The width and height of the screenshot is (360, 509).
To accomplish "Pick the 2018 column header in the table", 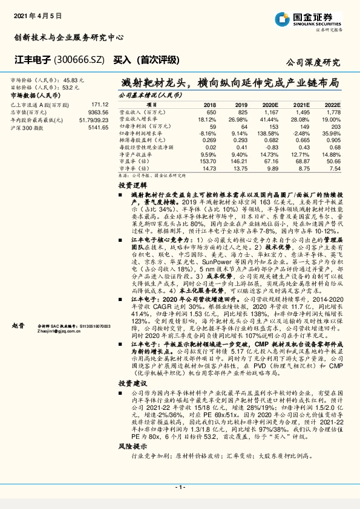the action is pyautogui.click(x=209, y=105).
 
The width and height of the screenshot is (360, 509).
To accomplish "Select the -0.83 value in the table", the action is pyautogui.click(x=270, y=148).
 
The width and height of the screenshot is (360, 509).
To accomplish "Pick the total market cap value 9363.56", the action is pyautogui.click(x=97, y=112).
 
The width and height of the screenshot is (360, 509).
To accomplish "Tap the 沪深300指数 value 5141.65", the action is pyautogui.click(x=97, y=128).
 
